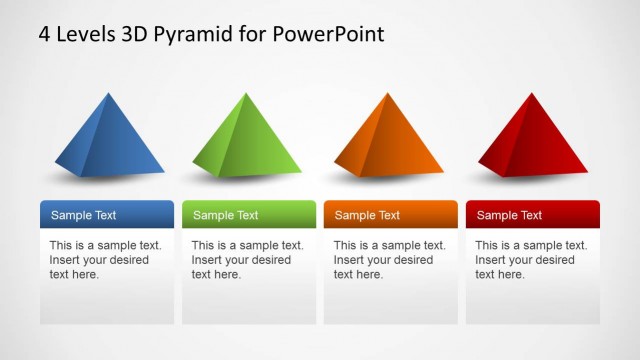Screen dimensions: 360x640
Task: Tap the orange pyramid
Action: point(388,140)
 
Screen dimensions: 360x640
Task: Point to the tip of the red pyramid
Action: point(527,94)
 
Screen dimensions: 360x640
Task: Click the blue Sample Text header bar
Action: point(107,215)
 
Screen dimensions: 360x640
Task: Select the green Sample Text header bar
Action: point(249,215)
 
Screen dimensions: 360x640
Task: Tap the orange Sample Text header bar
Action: point(391,215)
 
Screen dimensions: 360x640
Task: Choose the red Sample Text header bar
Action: point(532,215)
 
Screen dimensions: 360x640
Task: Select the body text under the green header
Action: point(247,260)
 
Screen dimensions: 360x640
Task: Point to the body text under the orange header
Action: point(389,260)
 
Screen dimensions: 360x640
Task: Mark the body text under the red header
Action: point(531,260)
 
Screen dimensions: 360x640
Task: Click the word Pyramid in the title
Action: point(199,34)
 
